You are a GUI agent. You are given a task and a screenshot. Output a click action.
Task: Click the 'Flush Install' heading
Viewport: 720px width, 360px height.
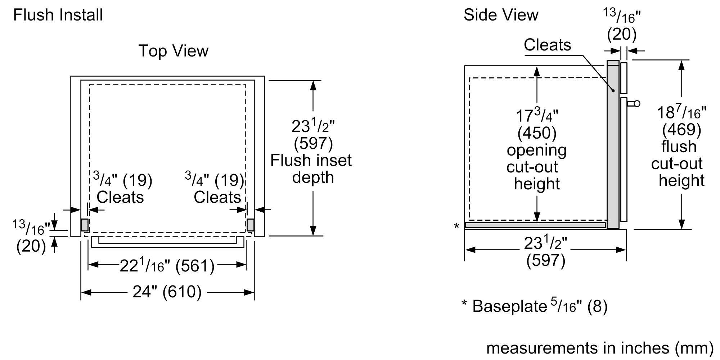point(58,15)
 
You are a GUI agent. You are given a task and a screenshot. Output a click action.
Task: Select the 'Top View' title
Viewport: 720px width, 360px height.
point(173,51)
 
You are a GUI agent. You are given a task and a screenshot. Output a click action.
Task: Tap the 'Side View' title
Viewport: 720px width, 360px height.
point(501,15)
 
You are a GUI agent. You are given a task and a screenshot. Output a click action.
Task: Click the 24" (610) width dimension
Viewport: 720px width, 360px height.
point(167,292)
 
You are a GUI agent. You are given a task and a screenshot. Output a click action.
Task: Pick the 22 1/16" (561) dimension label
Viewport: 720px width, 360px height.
point(167,266)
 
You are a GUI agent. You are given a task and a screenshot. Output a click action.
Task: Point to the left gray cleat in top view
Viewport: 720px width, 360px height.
point(84,225)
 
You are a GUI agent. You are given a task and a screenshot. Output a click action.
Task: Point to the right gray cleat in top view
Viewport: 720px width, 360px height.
point(251,225)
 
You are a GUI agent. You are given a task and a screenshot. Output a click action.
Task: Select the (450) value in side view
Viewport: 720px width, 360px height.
point(537,133)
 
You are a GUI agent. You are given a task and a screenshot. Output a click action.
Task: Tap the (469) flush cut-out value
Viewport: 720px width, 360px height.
point(681,130)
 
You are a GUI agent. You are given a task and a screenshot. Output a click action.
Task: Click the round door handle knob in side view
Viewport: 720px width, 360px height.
point(637,104)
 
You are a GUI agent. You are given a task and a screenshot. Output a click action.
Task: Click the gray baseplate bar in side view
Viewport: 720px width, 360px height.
point(535,225)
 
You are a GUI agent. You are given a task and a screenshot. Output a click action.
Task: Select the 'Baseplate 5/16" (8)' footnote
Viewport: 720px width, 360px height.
point(535,306)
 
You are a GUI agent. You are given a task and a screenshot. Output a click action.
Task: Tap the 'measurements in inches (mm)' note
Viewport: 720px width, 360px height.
point(600,348)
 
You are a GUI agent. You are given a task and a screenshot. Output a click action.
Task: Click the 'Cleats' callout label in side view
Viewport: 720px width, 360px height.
point(547,45)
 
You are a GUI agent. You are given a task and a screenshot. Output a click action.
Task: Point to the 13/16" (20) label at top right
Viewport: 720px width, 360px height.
point(622,25)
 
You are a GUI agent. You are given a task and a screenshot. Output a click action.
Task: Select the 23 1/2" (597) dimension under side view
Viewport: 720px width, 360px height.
point(545,252)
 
